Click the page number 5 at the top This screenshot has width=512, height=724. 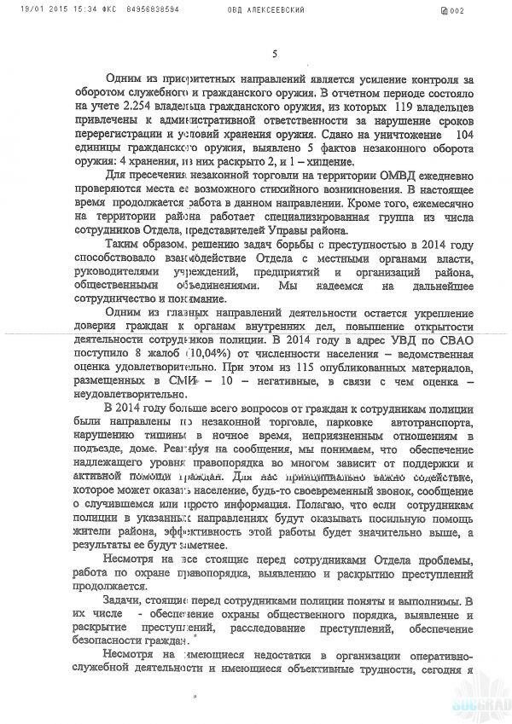point(273,54)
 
